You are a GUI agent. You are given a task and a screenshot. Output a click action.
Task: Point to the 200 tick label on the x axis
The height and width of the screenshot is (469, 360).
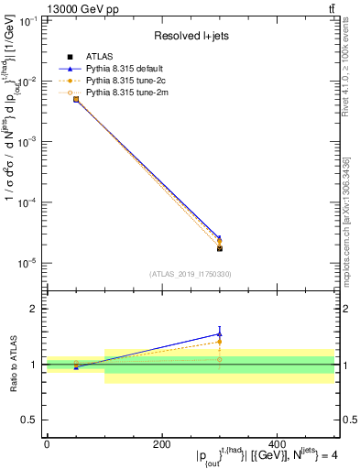point(162,444)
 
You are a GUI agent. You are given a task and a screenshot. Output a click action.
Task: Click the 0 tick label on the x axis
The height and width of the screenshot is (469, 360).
point(47,444)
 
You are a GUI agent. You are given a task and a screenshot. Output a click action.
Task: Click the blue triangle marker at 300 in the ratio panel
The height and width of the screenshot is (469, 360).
point(219,334)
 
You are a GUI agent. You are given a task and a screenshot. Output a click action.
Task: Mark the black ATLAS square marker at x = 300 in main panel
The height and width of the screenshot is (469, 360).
point(219,248)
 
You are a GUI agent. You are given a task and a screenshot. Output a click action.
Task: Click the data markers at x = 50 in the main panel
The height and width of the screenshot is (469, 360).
point(76,99)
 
